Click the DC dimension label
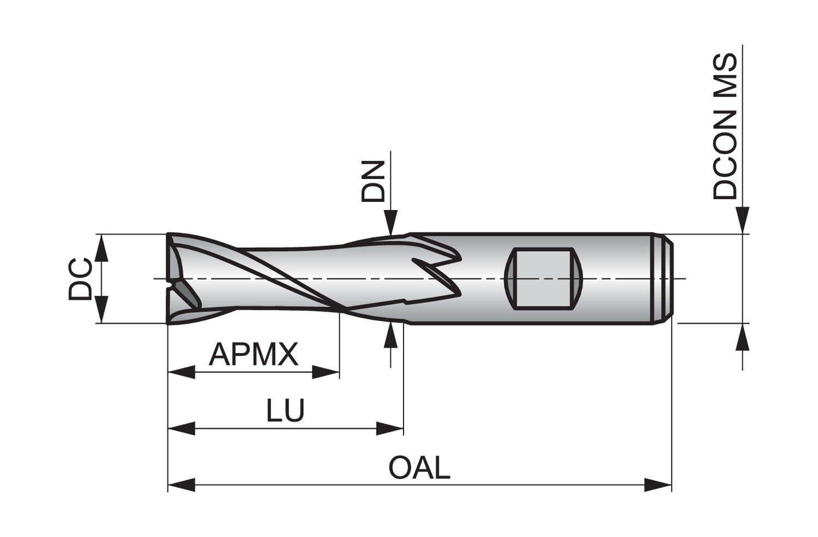tap(80, 279)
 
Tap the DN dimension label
tap(373, 181)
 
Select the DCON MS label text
tap(725, 127)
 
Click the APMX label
tap(254, 354)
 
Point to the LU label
tap(285, 410)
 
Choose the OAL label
tap(419, 468)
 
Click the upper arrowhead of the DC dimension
tap(102, 248)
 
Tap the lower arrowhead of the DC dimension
tap(102, 309)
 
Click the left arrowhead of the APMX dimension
tap(182, 372)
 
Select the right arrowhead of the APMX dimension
tap(326, 372)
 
